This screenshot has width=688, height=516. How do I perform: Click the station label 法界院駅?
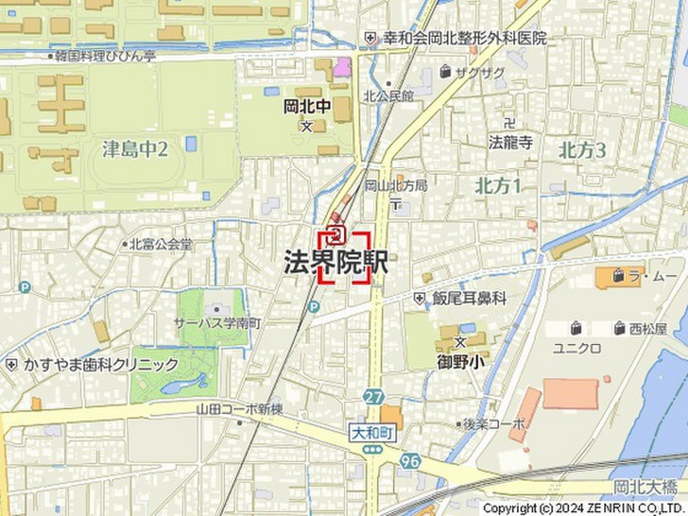point(336,263)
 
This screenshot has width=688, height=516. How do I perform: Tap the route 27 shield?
point(374,396)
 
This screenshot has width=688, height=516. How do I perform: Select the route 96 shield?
point(409,461)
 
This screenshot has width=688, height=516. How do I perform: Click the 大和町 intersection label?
point(374,435)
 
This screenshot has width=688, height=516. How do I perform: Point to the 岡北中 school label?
point(307,107)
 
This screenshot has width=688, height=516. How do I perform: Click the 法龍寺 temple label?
point(511,142)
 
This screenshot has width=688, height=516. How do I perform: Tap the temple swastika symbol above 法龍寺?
point(509,123)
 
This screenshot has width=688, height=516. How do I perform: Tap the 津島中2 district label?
point(135,149)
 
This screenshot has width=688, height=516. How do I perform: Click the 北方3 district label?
point(582,150)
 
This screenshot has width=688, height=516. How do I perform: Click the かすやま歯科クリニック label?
point(101,365)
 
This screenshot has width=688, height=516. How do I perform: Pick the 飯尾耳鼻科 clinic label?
point(469,298)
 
